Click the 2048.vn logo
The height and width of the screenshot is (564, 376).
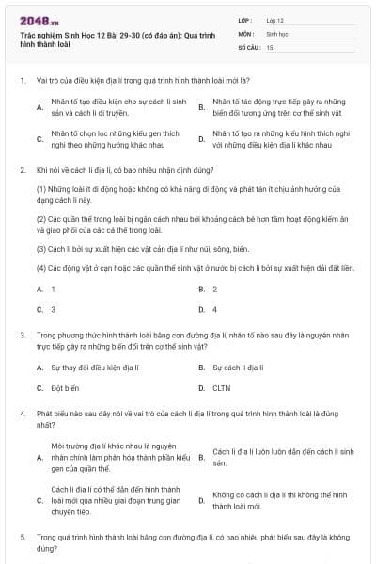point(33,20)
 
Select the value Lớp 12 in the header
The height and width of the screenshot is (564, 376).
point(275,20)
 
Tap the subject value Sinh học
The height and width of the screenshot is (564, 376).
point(276,33)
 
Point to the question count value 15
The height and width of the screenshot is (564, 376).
point(270,46)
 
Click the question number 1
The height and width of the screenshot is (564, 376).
point(22,81)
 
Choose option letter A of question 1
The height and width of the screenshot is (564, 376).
point(39,107)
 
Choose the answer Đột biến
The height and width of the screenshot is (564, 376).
point(65,387)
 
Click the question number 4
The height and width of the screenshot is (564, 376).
point(22,413)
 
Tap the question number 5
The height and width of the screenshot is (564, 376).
point(22,536)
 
